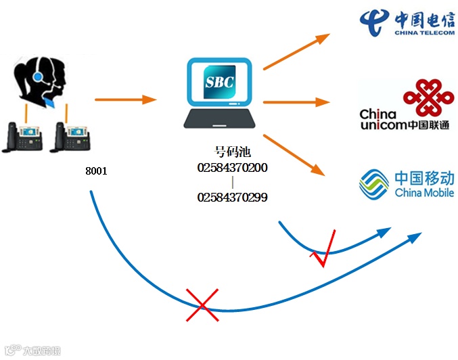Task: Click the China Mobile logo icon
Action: (374, 183)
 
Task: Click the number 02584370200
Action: (232, 167)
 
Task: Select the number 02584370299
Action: (232, 198)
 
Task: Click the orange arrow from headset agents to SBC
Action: (125, 100)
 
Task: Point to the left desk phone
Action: (24, 137)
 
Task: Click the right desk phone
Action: (70, 137)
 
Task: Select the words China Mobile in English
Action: (424, 193)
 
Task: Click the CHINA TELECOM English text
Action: (426, 30)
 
